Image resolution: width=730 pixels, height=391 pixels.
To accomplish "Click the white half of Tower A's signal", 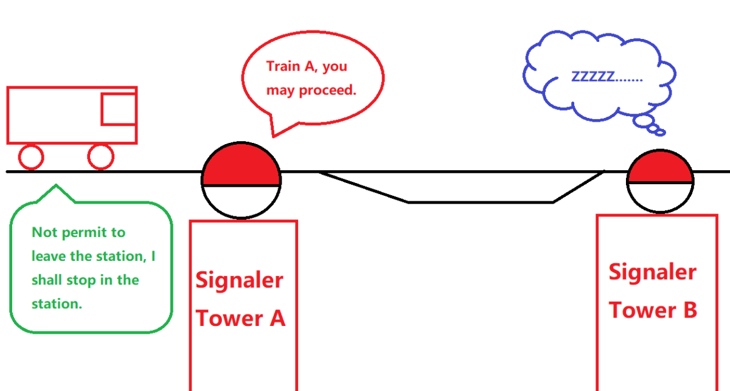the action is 241,201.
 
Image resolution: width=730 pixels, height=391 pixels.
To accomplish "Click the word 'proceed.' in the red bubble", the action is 327,90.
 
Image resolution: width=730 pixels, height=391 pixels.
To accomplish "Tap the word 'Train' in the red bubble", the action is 283,66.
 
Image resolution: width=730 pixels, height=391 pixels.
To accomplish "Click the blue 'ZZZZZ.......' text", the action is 607,77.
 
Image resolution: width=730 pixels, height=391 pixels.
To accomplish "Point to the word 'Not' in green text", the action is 44,232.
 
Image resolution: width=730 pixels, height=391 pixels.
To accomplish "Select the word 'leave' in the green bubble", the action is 49,256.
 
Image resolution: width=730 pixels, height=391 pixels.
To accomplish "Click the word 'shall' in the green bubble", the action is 47,280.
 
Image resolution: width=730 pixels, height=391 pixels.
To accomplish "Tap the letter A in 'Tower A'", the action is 277,319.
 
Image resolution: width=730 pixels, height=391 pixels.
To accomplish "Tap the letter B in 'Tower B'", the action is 690,310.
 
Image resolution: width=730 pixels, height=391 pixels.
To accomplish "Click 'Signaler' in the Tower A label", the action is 239,280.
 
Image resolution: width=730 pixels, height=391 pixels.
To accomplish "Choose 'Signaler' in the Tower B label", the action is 652,272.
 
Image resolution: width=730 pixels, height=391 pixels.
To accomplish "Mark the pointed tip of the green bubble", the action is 56,185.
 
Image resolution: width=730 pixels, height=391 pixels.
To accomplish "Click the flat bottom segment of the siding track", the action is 481,202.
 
